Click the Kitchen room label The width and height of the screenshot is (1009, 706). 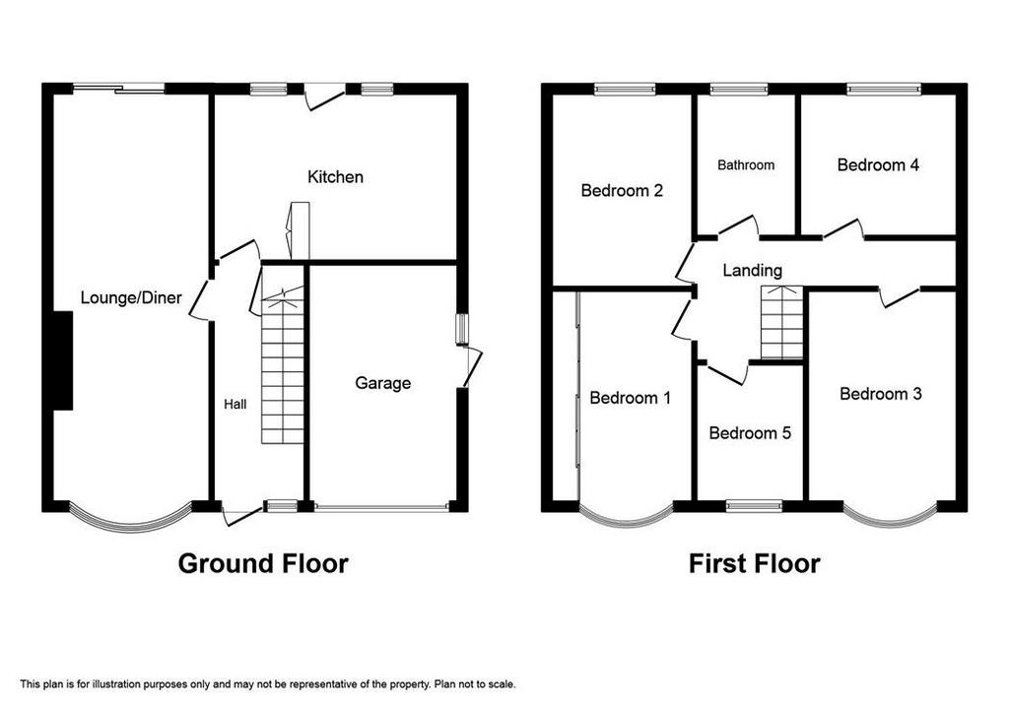335,177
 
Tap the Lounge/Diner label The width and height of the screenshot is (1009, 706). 131,297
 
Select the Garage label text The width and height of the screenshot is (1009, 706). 383,383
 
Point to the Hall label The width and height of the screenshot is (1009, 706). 235,405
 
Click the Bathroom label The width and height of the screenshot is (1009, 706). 746,165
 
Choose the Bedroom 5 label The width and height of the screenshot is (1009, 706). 750,432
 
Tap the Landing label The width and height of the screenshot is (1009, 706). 752,271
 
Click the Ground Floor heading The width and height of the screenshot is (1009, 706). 263,564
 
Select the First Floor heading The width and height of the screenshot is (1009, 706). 754,564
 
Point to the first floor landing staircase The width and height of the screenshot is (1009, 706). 781,322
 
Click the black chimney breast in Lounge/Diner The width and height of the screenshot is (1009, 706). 62,360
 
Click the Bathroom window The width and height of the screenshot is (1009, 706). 739,90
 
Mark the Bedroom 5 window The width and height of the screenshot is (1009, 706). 754,507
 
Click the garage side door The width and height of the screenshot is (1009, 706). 472,367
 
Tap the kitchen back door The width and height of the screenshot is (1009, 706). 325,97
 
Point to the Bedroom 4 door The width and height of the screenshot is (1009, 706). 843,230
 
